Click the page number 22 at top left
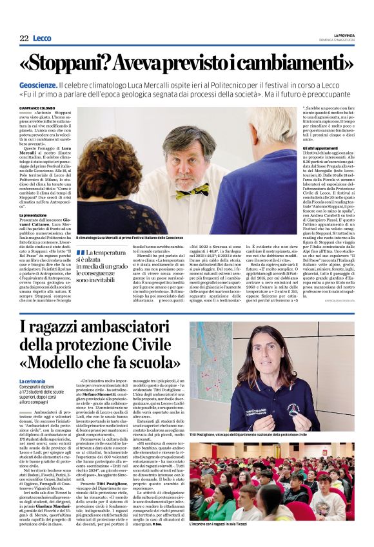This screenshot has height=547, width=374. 24,39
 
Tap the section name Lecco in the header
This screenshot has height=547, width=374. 42,39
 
